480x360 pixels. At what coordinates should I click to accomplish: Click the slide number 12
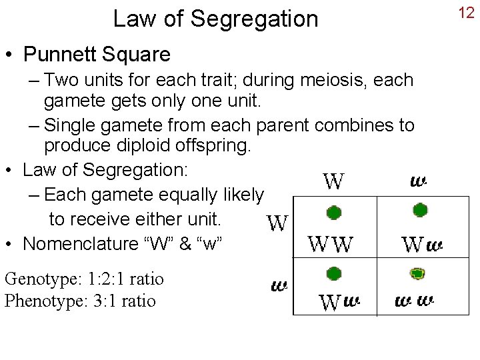(467, 13)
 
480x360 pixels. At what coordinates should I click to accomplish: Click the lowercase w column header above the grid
(419, 181)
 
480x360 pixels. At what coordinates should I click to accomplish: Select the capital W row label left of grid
(277, 224)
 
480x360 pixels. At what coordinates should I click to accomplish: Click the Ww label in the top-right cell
(422, 245)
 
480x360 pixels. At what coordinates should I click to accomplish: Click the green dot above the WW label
(334, 213)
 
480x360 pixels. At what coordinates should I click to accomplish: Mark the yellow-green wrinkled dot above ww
(417, 273)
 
